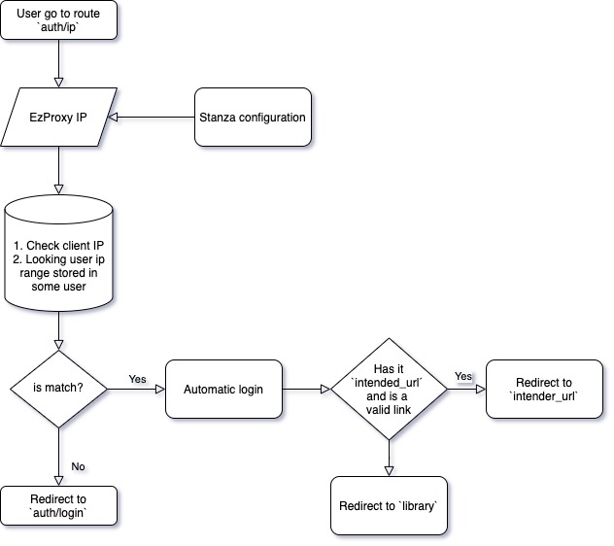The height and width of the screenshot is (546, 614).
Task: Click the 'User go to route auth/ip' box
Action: pyautogui.click(x=59, y=20)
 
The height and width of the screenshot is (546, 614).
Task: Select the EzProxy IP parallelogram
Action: pyautogui.click(x=59, y=118)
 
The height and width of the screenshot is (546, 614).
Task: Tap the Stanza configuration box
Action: pyautogui.click(x=253, y=118)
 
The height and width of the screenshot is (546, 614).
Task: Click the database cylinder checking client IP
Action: pyautogui.click(x=59, y=254)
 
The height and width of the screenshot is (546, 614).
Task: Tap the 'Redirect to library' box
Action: pyautogui.click(x=389, y=505)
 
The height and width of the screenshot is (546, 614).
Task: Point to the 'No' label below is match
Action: pyautogui.click(x=78, y=467)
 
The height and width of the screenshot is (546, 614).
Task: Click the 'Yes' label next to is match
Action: pyautogui.click(x=137, y=378)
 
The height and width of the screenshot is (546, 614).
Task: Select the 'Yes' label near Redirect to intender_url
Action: pyautogui.click(x=463, y=376)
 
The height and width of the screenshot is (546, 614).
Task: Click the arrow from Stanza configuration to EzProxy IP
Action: pyautogui.click(x=155, y=118)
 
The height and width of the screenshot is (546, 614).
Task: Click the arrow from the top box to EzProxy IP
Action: pyautogui.click(x=59, y=64)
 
